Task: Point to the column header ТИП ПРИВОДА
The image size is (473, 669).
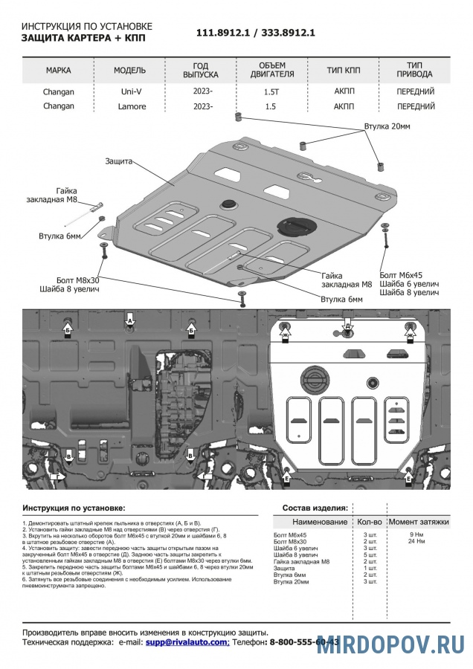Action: [416, 70]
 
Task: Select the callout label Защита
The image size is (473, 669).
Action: [119, 161]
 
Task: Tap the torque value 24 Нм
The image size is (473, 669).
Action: [416, 541]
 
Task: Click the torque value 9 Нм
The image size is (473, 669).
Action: [416, 534]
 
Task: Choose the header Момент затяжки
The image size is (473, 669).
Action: [419, 522]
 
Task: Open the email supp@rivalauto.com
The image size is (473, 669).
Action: [187, 641]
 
